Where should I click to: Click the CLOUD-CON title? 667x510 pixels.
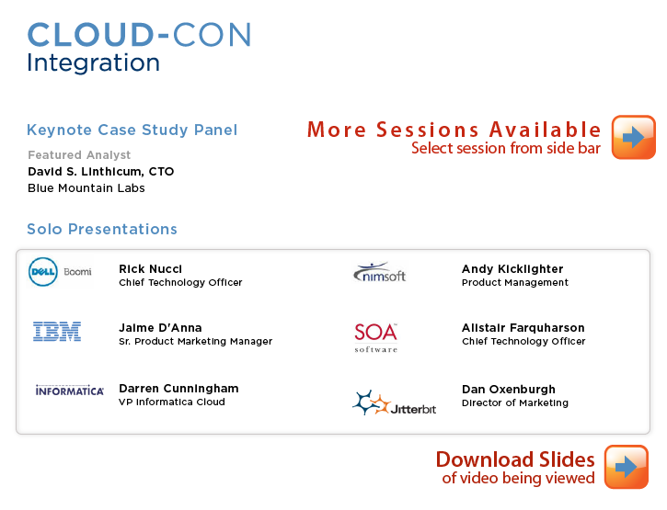[x=140, y=35]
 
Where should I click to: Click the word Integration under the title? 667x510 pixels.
[x=94, y=62]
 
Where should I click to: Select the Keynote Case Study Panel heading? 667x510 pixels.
[x=132, y=130]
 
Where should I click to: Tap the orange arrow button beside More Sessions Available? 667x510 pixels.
[x=633, y=137]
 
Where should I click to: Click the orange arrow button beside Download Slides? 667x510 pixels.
[x=627, y=467]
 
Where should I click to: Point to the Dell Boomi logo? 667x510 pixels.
[x=60, y=272]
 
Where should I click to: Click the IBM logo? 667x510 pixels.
[x=57, y=332]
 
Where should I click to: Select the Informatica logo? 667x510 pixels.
[x=69, y=391]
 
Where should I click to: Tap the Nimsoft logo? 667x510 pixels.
[x=379, y=272]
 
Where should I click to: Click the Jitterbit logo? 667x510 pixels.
[x=395, y=402]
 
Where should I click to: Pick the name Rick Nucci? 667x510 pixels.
[x=150, y=269]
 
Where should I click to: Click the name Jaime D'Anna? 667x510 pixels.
[x=160, y=328]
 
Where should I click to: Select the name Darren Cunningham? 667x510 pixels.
[x=178, y=389]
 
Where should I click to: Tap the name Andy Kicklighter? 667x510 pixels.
[x=512, y=269]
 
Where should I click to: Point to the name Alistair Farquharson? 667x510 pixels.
[x=523, y=328]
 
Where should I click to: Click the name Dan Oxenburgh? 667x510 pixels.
[x=509, y=390]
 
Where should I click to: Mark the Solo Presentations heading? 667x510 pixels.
[x=102, y=229]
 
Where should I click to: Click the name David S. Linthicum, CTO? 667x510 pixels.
[x=101, y=172]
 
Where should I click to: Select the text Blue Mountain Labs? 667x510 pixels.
[x=86, y=188]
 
